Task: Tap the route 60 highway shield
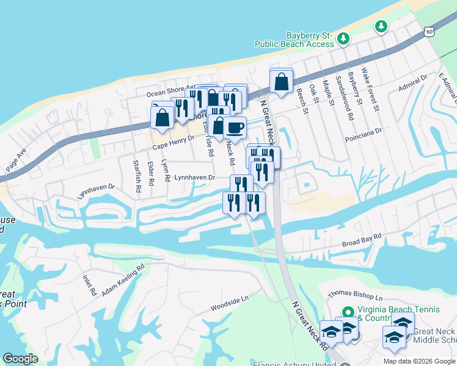pyautogui.click(x=430, y=30)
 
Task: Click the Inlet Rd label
pyautogui.click(x=89, y=284)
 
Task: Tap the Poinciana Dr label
pyautogui.click(x=366, y=131)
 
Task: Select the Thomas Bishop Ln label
pyautogui.click(x=354, y=296)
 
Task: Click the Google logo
pyautogui.click(x=21, y=359)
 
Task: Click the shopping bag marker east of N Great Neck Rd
pyautogui.click(x=281, y=81)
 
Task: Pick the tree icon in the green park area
pyautogui.click(x=381, y=26)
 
